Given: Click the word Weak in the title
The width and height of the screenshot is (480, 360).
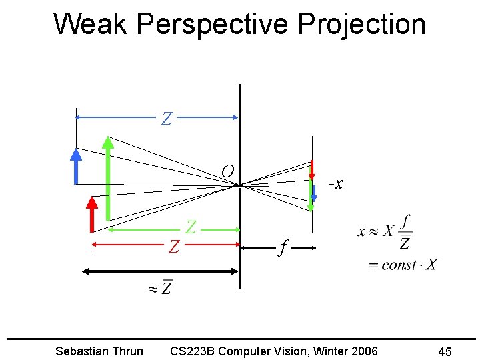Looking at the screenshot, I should coord(91,24).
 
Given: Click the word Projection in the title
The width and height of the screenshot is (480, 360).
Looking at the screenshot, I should coord(361,24).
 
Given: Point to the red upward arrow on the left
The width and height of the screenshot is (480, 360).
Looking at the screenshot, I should coord(93,213).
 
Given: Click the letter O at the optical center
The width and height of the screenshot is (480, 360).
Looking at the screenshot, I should coord(227,172).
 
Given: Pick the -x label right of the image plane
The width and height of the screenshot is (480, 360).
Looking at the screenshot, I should coord(336,183).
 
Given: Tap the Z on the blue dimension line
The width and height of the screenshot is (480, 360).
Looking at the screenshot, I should coord(167,119).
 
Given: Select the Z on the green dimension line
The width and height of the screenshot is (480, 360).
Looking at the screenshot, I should coord(191,227).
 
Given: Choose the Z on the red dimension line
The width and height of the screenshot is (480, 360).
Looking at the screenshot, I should coord(174,247).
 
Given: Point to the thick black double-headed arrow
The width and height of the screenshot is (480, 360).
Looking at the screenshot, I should coord(160,271).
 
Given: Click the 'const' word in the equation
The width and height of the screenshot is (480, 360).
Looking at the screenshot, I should coord(399,265).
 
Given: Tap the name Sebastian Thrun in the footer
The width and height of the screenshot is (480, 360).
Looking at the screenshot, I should coord(99,351).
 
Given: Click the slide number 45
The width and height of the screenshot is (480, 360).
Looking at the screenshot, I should coord(445,351).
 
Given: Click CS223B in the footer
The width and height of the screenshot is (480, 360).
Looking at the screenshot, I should coord(192,351).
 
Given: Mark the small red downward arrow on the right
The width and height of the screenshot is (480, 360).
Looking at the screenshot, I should coord(312,171).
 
